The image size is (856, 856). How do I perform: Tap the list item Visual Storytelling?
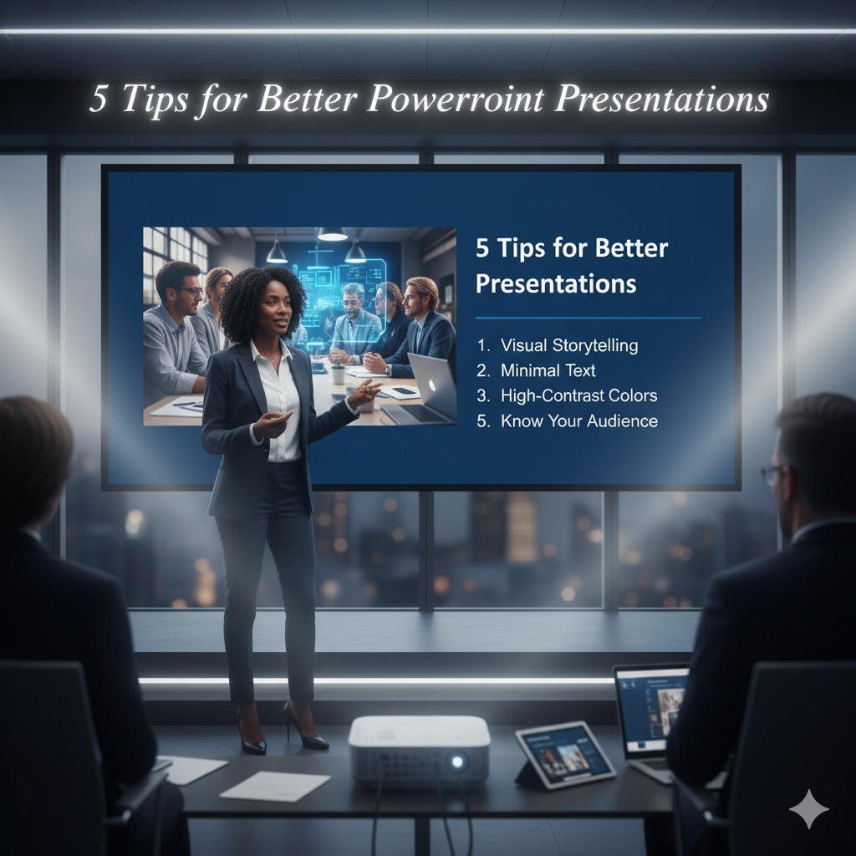pyautogui.click(x=568, y=345)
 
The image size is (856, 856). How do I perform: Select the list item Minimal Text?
pyautogui.click(x=548, y=370)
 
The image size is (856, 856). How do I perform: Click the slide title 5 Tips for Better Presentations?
pyautogui.click(x=572, y=265)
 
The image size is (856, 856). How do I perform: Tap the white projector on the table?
pyautogui.click(x=418, y=748)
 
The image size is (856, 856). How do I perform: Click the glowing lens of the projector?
pyautogui.click(x=456, y=762)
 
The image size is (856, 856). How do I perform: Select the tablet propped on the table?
pyautogui.click(x=563, y=752)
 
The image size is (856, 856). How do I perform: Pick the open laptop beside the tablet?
pyautogui.click(x=650, y=711)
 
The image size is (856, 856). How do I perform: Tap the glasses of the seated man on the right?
pyautogui.click(x=770, y=474)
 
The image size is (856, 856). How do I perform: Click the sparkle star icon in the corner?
pyautogui.click(x=808, y=809)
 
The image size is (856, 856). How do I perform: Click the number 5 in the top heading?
pyautogui.click(x=99, y=99)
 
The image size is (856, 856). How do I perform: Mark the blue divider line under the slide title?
pyautogui.click(x=588, y=318)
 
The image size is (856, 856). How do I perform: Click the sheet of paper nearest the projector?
pyautogui.click(x=275, y=785)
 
